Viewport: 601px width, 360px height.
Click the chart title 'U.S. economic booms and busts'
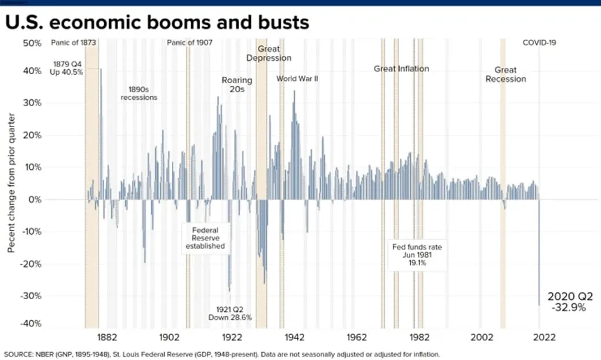click(x=157, y=22)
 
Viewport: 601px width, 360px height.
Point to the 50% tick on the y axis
click(x=32, y=43)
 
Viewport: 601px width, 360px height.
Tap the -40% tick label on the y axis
click(x=31, y=323)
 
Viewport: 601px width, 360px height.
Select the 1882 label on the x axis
click(x=107, y=337)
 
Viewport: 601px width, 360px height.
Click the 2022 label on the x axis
click(x=544, y=337)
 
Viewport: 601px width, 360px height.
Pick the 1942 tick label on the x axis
click(x=294, y=337)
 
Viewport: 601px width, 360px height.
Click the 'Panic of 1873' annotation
click(x=73, y=43)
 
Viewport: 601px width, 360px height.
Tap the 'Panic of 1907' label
click(x=189, y=43)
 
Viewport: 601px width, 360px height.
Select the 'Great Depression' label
click(x=268, y=53)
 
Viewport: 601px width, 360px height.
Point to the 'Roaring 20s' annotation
click(x=237, y=85)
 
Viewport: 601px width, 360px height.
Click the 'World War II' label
click(x=297, y=78)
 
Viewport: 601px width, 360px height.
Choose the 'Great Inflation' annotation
click(x=401, y=69)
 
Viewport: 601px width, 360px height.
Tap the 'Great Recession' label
click(x=505, y=74)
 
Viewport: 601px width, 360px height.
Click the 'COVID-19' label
click(x=540, y=43)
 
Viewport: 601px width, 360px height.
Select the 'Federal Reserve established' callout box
click(x=205, y=238)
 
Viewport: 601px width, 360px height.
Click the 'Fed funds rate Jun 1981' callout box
click(x=417, y=255)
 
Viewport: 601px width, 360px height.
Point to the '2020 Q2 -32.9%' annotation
click(x=570, y=302)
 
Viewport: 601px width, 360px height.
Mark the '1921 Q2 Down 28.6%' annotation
click(x=230, y=313)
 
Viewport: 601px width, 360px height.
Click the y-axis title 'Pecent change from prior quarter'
click(x=11, y=183)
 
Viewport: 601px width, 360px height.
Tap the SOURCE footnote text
click(x=222, y=354)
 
